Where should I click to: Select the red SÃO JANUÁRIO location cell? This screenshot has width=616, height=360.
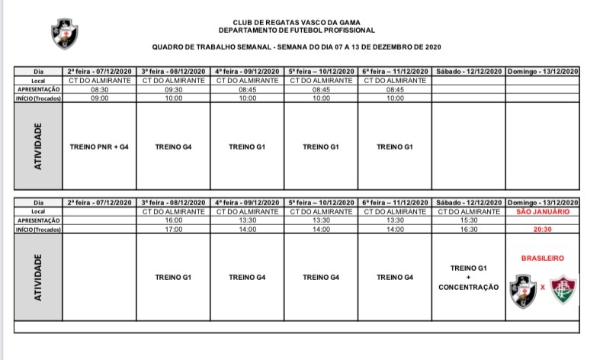543,211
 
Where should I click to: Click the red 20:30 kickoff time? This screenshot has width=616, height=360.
543,228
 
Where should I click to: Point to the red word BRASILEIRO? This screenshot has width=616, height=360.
543,259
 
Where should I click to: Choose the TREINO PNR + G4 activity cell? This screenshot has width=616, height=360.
99,146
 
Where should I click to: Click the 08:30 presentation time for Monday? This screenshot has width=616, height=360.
99,88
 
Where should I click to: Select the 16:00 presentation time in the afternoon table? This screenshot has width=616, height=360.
173,220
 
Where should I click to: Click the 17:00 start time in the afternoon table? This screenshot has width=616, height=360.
173,228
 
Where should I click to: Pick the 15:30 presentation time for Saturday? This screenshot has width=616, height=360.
469,220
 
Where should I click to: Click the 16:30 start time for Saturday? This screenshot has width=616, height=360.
469,228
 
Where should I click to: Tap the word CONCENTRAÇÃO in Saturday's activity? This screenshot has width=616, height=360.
469,288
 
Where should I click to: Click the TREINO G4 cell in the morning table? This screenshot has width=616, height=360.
173,146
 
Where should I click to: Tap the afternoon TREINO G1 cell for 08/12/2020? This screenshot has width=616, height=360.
173,277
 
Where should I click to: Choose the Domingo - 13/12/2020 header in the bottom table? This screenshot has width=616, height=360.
543,202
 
